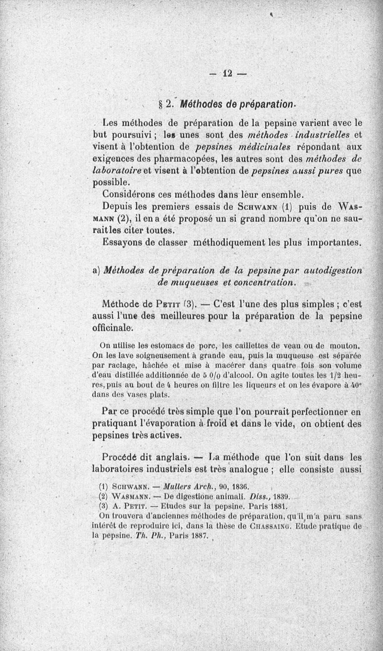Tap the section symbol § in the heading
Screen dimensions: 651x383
pyautogui.click(x=161, y=105)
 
